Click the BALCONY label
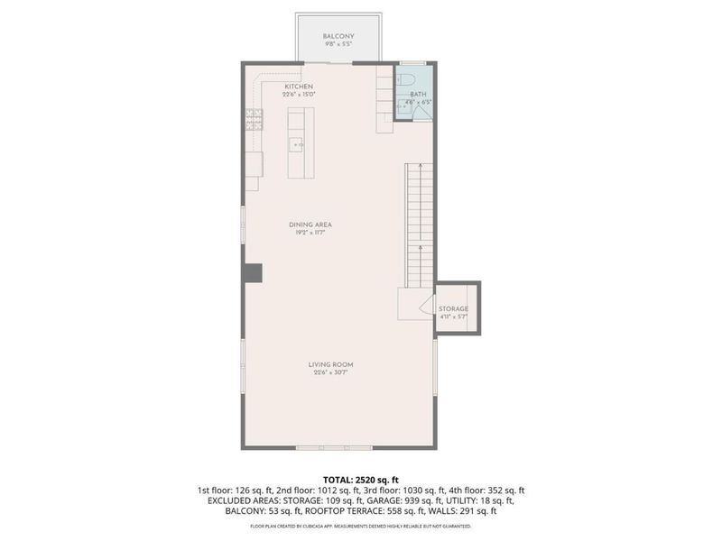tap(337, 36)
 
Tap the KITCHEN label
tap(299, 87)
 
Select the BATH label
tap(418, 94)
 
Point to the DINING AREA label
tap(306, 225)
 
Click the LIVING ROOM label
tap(330, 364)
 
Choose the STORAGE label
tap(454, 308)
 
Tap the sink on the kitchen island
tap(297, 143)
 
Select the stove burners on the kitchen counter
tap(255, 116)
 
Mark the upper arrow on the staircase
tap(421, 171)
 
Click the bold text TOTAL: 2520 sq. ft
tap(360, 479)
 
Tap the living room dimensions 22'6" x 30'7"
tap(330, 372)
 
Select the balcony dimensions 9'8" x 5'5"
tap(337, 44)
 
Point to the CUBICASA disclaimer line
tap(360, 524)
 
